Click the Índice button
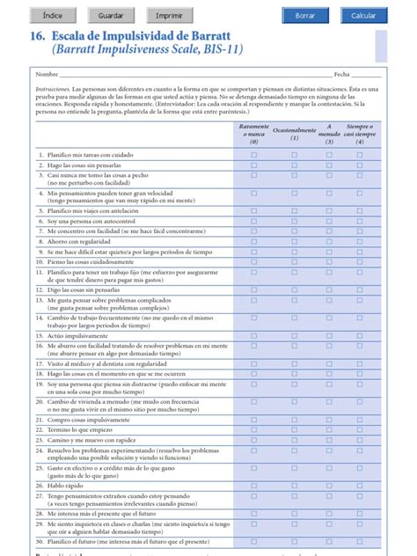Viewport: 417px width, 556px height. tap(52, 16)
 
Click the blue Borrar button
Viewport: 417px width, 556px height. tap(304, 16)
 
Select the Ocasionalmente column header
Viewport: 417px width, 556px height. tap(295, 133)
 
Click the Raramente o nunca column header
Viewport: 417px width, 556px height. tap(254, 133)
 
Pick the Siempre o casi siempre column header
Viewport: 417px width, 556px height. tap(359, 133)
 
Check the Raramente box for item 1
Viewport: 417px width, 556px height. tap(254, 154)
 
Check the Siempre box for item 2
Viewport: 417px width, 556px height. tap(359, 165)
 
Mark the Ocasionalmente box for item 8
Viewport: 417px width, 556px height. tap(295, 240)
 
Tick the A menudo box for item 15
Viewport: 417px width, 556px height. tap(330, 335)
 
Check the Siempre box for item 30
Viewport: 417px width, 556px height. tap(359, 542)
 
